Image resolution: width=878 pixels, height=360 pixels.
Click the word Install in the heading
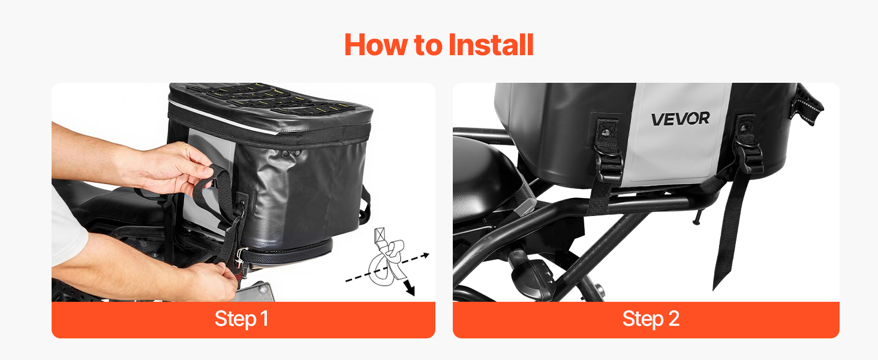tap(491, 45)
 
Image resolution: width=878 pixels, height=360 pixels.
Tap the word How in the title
tap(375, 45)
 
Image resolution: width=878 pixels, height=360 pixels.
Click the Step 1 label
tap(242, 319)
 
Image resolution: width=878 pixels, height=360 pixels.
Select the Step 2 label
tap(651, 319)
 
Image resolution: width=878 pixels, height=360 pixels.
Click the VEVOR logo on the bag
tap(681, 119)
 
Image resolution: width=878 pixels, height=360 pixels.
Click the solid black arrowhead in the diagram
tap(410, 289)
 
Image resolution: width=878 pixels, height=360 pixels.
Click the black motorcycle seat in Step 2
tap(486, 176)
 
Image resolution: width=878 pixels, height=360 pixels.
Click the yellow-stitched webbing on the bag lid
tap(270, 98)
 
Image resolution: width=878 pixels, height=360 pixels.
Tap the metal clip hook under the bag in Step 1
tap(240, 257)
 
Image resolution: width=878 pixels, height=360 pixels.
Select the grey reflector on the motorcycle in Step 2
tap(525, 205)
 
